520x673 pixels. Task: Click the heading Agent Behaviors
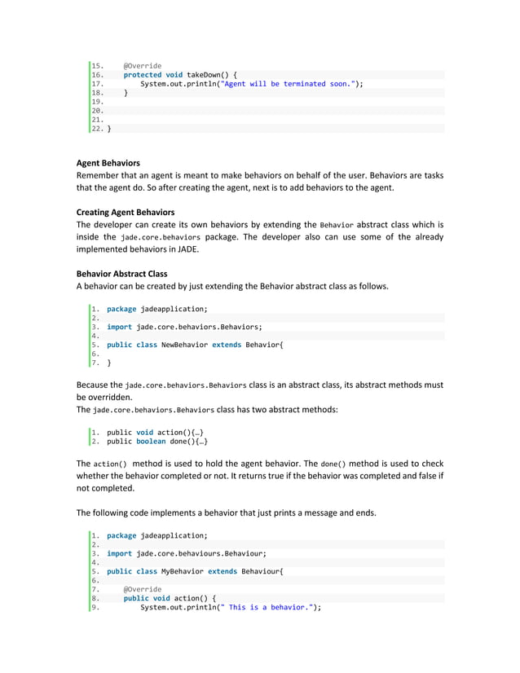(x=108, y=163)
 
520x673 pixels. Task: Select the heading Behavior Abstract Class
(x=121, y=273)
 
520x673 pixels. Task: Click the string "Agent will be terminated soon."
(x=290, y=84)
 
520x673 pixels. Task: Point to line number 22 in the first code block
(x=96, y=128)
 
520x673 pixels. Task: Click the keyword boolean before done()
(x=152, y=442)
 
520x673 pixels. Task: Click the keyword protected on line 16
(x=143, y=75)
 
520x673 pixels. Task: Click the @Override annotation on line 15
(x=143, y=66)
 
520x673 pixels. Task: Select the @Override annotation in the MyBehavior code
(x=143, y=589)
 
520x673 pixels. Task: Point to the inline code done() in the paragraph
(x=339, y=464)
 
